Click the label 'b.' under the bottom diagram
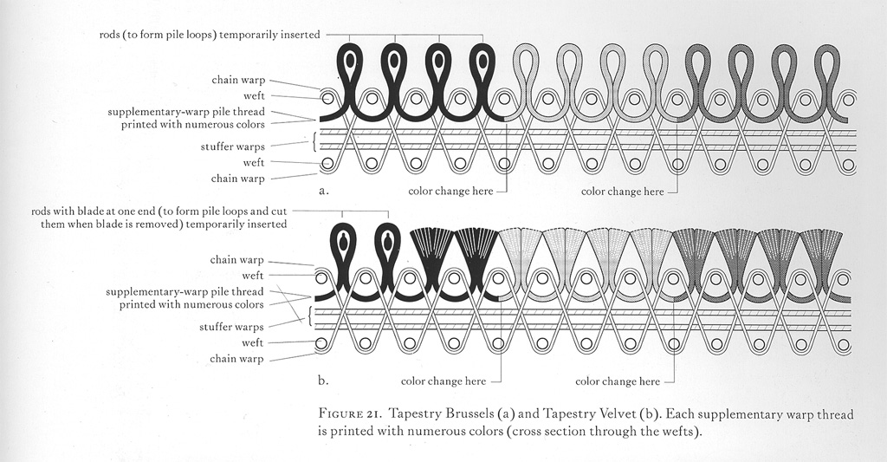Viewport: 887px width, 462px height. click(323, 379)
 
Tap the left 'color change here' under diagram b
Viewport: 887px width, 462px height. click(443, 381)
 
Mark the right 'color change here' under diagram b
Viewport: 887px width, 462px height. click(617, 381)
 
